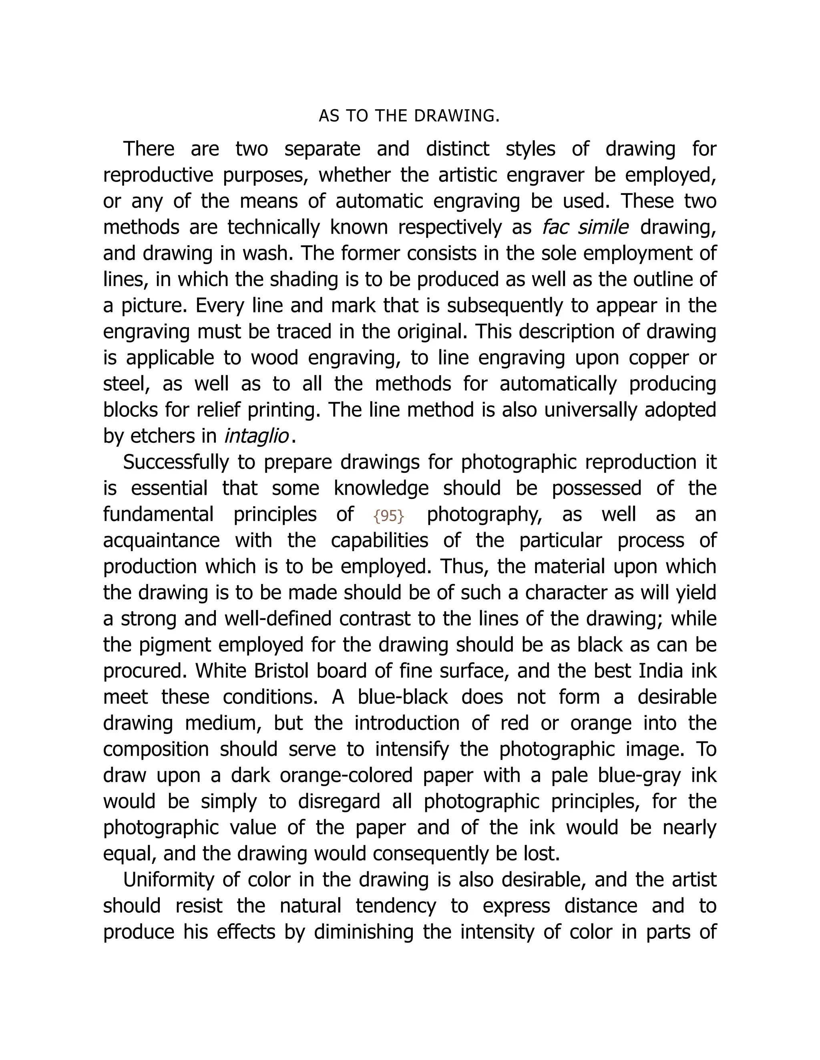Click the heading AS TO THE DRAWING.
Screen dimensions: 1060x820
point(409,116)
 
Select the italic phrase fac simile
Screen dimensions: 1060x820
point(585,227)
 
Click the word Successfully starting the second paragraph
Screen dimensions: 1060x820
point(175,462)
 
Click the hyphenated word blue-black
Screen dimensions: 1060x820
point(402,697)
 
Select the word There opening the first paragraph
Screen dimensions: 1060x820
point(149,148)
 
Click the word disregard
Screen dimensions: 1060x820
point(339,801)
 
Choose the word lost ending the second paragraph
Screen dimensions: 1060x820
point(545,854)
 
